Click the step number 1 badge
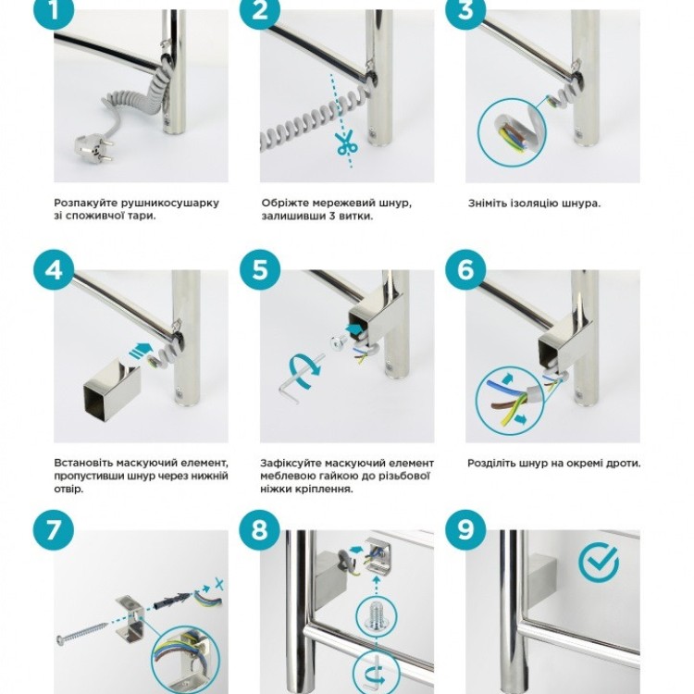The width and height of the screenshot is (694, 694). (54, 10)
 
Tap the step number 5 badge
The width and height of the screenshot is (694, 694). (260, 270)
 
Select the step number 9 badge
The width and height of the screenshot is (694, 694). (465, 530)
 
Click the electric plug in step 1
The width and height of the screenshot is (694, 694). (93, 148)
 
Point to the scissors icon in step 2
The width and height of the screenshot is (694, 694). (347, 143)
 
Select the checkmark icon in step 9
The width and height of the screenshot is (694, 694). (599, 563)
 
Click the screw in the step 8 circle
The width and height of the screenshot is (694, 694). (377, 616)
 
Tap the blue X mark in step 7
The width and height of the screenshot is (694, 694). (218, 584)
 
